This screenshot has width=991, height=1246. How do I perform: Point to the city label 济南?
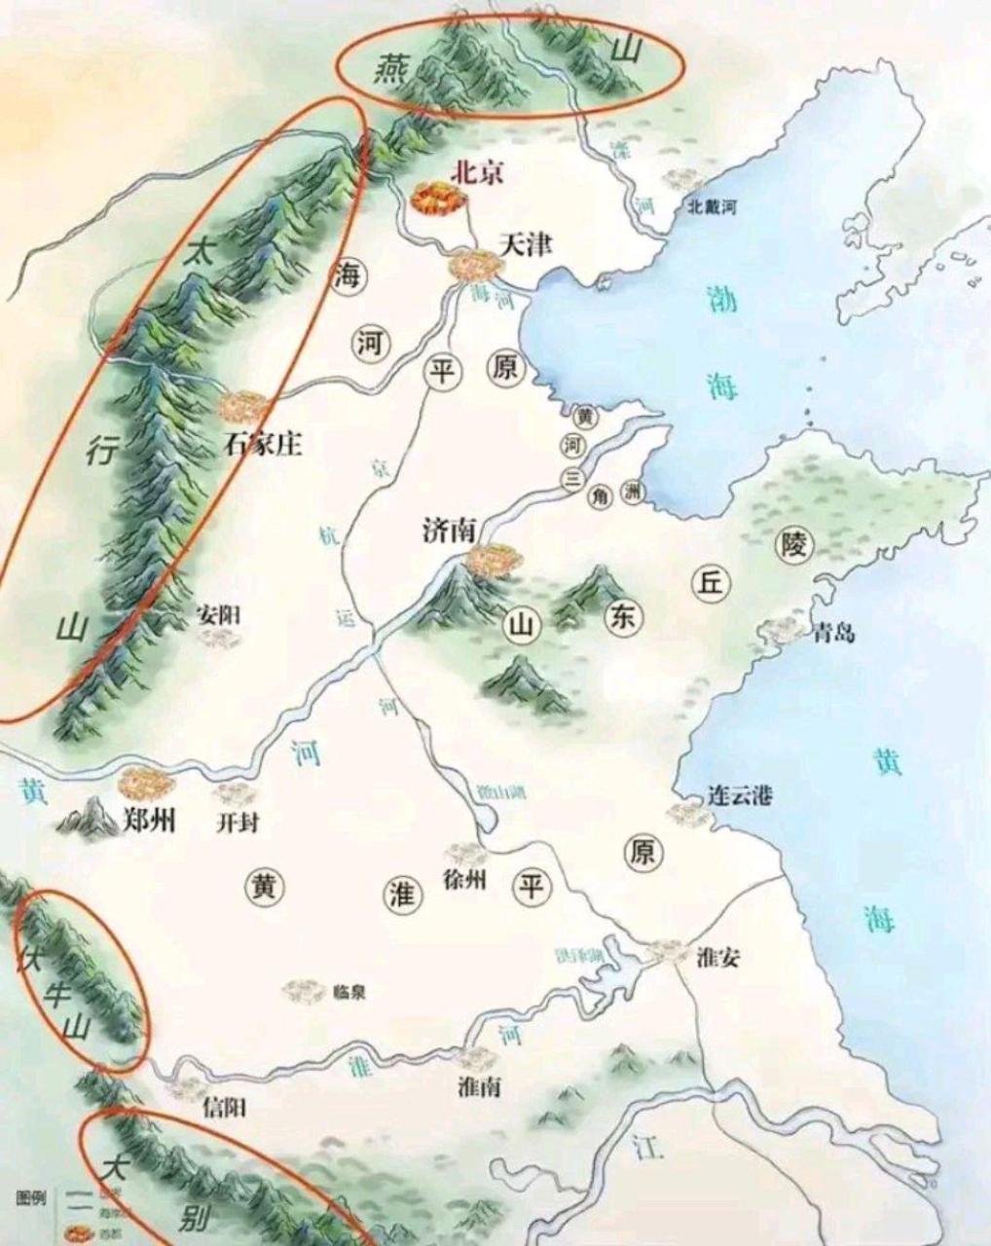pos(449,530)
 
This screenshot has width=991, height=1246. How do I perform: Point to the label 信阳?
pos(223,1107)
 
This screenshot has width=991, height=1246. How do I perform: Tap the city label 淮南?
pos(479,1087)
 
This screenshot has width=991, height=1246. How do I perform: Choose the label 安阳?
pos(218,615)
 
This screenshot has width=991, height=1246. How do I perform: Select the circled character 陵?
pos(793,546)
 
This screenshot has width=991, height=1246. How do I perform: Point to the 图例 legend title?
pos(31,1196)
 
